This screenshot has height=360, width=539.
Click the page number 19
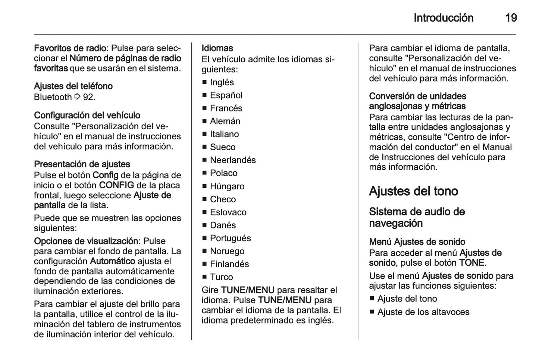[x=511, y=18]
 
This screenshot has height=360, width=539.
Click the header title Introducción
[x=443, y=18]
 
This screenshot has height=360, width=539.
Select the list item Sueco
[x=222, y=147]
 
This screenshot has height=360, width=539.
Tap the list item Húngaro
[x=227, y=186]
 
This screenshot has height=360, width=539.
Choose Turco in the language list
[x=221, y=277]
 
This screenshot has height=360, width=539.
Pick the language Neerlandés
[x=233, y=160]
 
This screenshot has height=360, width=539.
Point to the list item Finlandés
[x=229, y=264]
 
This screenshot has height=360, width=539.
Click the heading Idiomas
[x=217, y=48]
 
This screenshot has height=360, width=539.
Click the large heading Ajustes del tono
[x=413, y=191]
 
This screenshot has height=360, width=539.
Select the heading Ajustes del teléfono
[x=73, y=86]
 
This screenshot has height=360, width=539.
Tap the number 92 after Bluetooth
[x=89, y=97]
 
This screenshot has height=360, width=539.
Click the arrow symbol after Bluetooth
[x=77, y=97]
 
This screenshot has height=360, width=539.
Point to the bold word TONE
[x=471, y=263]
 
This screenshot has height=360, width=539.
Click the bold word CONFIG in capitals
[x=116, y=185]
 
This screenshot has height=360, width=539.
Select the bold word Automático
[x=113, y=261]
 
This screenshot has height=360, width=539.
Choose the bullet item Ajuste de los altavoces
[x=423, y=312]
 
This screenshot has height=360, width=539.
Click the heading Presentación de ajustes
[x=82, y=164]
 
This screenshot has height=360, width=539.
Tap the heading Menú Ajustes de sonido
[x=417, y=242]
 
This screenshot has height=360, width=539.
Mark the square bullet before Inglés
[x=204, y=82]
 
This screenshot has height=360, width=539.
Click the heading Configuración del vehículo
[x=87, y=116]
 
